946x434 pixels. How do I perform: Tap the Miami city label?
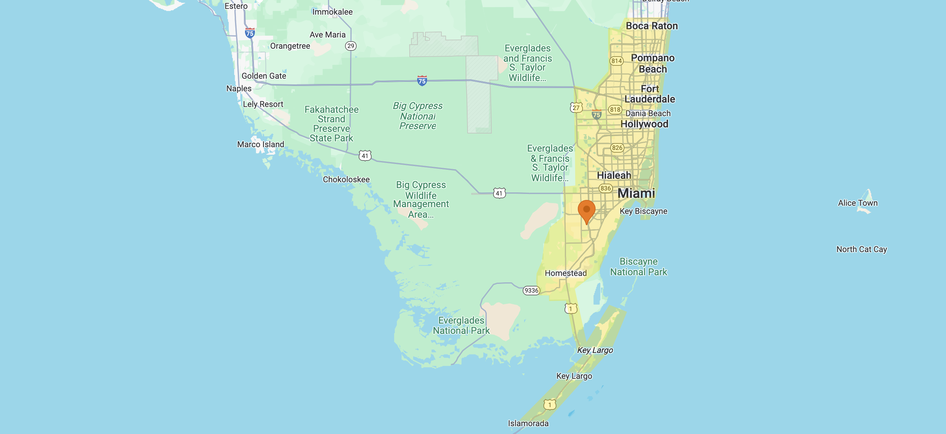point(636,193)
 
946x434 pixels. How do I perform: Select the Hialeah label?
point(614,175)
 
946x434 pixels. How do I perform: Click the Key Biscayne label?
point(643,211)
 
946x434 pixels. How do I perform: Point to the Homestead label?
point(566,273)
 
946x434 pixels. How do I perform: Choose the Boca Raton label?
point(652,26)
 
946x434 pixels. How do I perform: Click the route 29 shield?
point(351,46)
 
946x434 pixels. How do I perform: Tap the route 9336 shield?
point(531,290)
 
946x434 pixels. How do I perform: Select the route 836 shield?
point(605,188)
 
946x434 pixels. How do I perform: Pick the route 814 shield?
point(617,61)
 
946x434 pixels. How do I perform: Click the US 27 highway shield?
point(576,108)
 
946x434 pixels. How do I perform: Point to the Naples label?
point(239,89)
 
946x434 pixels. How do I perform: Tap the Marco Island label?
point(260,144)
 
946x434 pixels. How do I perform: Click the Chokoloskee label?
point(346,179)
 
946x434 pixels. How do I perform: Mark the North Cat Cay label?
point(862,249)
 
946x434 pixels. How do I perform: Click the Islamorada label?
point(528,423)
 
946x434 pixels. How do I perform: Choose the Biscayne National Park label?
point(639,267)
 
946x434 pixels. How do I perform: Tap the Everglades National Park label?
point(461,326)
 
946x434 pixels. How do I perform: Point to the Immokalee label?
point(332,12)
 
